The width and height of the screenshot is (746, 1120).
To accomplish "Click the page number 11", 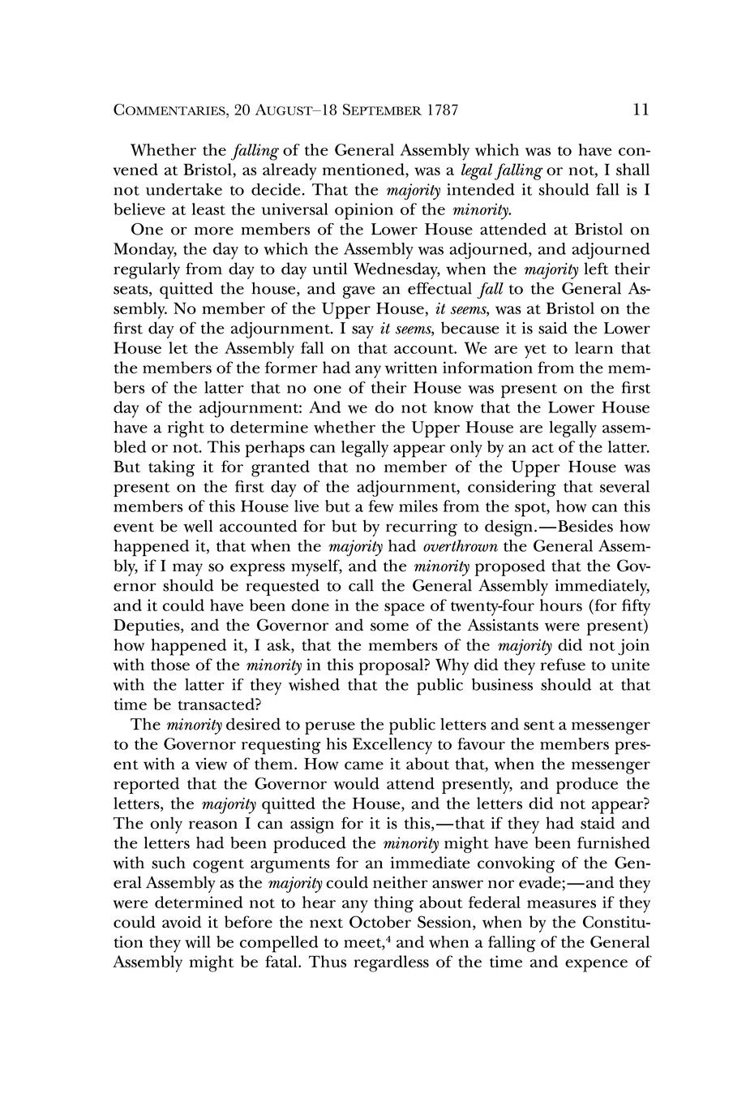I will tap(640, 110).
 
